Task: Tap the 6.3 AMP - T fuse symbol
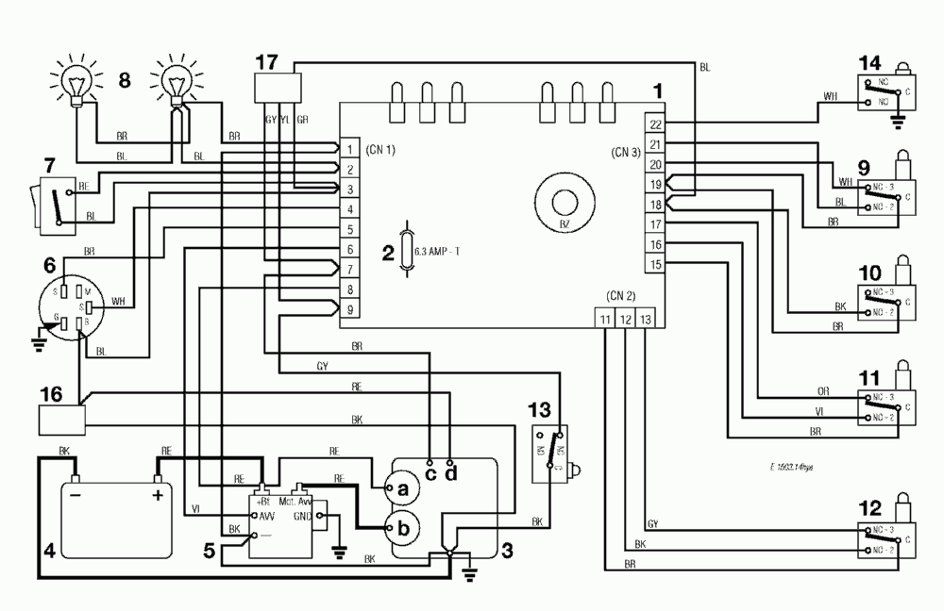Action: pos(407,250)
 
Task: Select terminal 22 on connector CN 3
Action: pos(656,124)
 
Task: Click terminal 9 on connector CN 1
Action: pos(349,309)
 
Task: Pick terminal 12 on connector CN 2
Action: pos(625,321)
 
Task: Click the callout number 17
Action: pos(266,61)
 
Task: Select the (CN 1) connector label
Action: pos(377,150)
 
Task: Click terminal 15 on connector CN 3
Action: pos(656,264)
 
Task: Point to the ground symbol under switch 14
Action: pos(895,119)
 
